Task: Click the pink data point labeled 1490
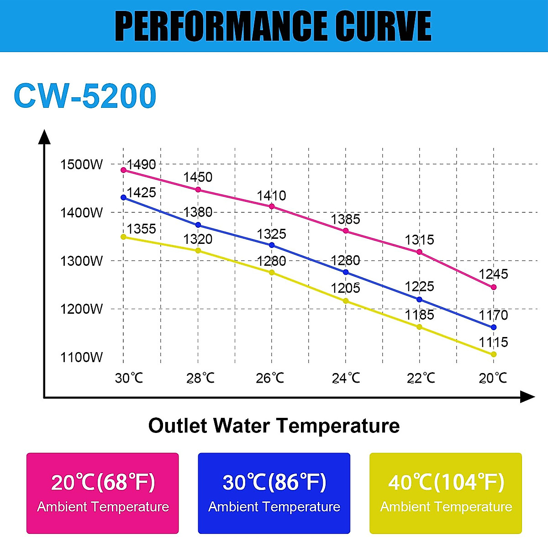point(123,170)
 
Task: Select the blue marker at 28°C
point(198,225)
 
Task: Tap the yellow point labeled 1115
point(494,354)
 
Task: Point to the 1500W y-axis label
point(82,164)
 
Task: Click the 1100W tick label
point(82,357)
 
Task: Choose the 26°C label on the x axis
point(270,378)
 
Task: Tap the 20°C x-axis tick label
point(493,378)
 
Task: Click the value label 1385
point(345,219)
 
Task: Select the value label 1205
point(345,288)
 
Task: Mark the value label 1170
point(493,315)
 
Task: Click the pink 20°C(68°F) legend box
point(102,493)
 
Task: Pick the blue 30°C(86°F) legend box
point(274,493)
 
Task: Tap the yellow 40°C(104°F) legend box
point(446,493)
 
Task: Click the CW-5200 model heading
point(85,96)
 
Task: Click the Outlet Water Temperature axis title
point(274,426)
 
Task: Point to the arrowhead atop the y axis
point(44,136)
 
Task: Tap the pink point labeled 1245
point(494,287)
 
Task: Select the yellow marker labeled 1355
point(123,237)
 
